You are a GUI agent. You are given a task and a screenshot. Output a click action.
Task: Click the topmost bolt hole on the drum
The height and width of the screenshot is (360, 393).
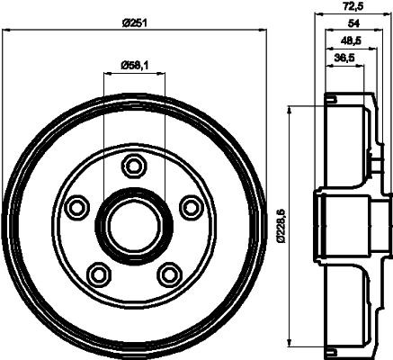coord(134,166)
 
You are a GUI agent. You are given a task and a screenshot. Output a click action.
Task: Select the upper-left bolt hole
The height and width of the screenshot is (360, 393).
coord(77,207)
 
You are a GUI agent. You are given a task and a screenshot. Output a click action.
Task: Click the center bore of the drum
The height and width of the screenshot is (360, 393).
coord(134,225)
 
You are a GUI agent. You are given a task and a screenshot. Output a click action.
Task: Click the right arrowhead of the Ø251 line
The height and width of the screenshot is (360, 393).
coord(264,31)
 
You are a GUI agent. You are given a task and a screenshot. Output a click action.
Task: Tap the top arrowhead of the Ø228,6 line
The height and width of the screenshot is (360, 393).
coord(289,109)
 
